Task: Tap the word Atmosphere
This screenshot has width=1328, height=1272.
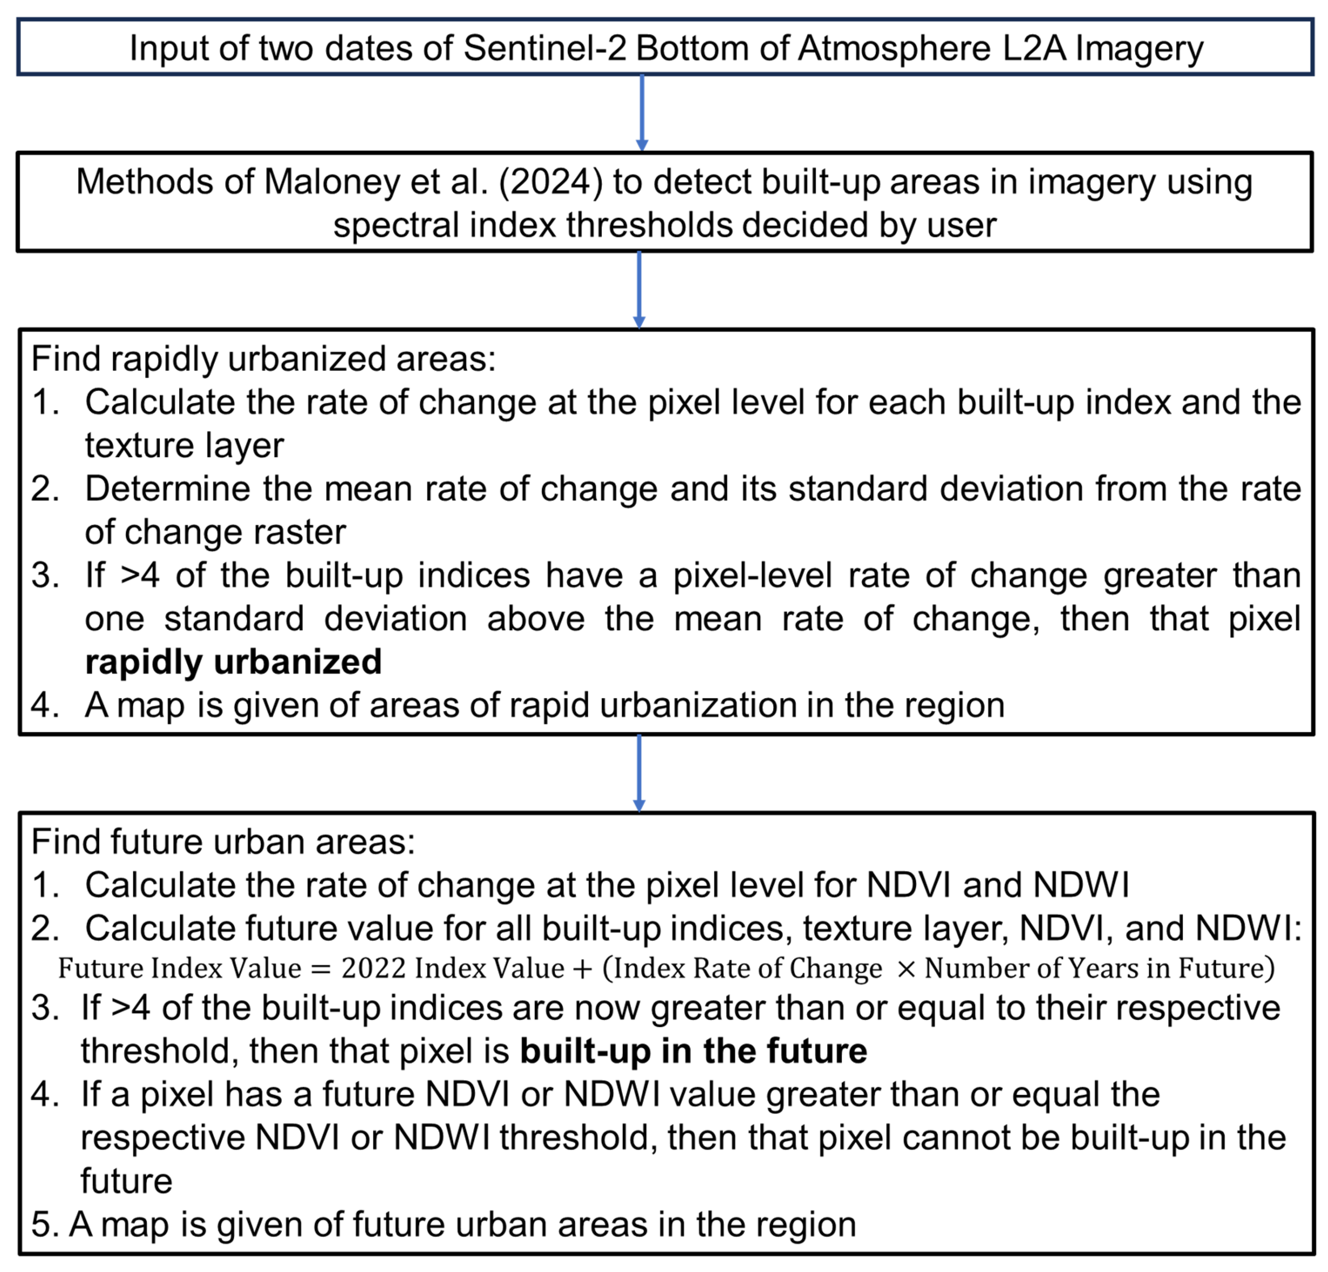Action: pyautogui.click(x=894, y=49)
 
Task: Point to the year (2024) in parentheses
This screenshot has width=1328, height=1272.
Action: pyautogui.click(x=550, y=182)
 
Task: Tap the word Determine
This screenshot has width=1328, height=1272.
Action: pyautogui.click(x=169, y=488)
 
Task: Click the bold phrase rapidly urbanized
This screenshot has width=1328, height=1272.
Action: pyautogui.click(x=233, y=662)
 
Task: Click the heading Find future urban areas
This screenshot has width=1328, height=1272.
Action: pyautogui.click(x=223, y=842)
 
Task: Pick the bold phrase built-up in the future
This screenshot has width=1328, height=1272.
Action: pyautogui.click(x=693, y=1051)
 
